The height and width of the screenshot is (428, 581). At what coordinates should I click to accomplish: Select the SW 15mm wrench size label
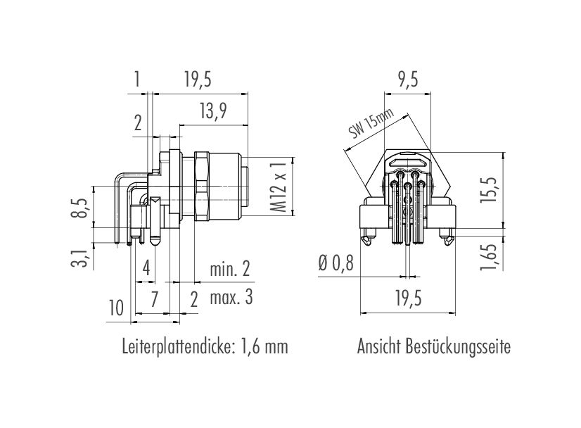tap(371, 126)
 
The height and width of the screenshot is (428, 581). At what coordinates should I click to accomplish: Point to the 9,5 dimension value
tap(407, 80)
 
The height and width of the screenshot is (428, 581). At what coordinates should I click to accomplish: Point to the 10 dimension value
tap(115, 308)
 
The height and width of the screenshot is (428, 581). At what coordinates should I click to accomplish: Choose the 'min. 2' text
tap(229, 269)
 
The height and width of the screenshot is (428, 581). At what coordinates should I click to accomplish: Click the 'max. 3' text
tap(231, 298)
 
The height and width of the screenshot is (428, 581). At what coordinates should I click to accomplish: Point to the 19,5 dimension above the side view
tap(197, 80)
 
